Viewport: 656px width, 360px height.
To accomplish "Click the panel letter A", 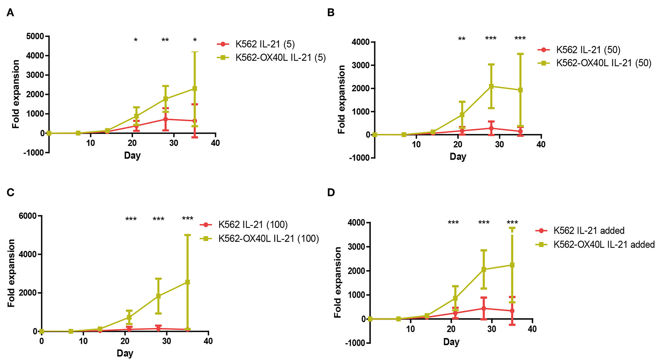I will pyautogui.click(x=10, y=13).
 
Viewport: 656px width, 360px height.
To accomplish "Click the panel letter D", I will pyautogui.click(x=331, y=192).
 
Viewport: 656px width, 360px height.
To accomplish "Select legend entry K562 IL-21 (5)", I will pyautogui.click(x=265, y=44).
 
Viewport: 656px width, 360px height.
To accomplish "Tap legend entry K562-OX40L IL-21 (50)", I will pyautogui.click(x=603, y=63).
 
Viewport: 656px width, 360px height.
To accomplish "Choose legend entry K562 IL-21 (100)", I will pyautogui.click(x=253, y=225).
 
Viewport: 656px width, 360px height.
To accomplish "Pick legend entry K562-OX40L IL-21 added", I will pyautogui.click(x=604, y=244).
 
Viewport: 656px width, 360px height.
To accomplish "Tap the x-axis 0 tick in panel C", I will pyautogui.click(x=42, y=341).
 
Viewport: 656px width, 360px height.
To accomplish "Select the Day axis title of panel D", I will pyautogui.click(x=451, y=342).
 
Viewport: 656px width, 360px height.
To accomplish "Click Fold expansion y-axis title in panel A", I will pyautogui.click(x=16, y=94).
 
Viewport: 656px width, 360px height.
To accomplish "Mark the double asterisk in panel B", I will pyautogui.click(x=462, y=39).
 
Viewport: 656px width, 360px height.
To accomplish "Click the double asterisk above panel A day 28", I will pyautogui.click(x=165, y=40).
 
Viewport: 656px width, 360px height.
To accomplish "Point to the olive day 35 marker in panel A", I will pyautogui.click(x=195, y=89).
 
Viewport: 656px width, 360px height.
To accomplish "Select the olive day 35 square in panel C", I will pyautogui.click(x=187, y=282).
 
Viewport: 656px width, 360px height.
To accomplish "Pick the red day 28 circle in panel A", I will pyautogui.click(x=165, y=119).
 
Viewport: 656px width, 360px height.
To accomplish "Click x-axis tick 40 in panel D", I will pyautogui.click(x=532, y=329).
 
